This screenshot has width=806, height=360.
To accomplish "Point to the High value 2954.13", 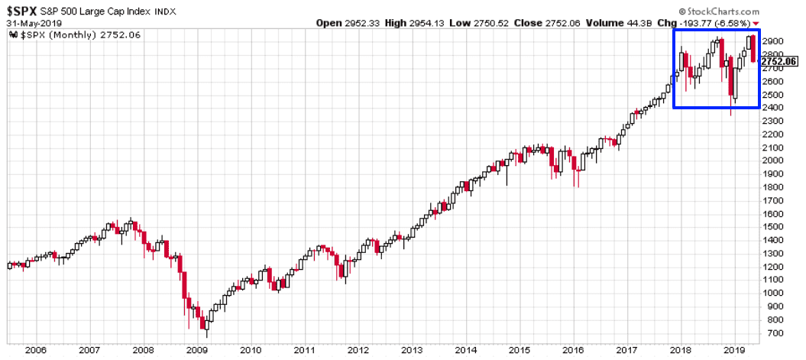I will (432, 24).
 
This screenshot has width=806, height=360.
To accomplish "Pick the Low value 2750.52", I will (494, 24).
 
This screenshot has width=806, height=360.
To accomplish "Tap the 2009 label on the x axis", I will (197, 351).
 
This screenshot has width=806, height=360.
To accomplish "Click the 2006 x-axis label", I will (35, 351).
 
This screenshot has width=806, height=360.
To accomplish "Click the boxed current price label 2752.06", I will (782, 60).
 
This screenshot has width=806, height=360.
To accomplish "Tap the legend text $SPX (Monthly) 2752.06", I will (62, 36).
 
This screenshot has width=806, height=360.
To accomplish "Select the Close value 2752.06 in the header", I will (559, 24).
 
